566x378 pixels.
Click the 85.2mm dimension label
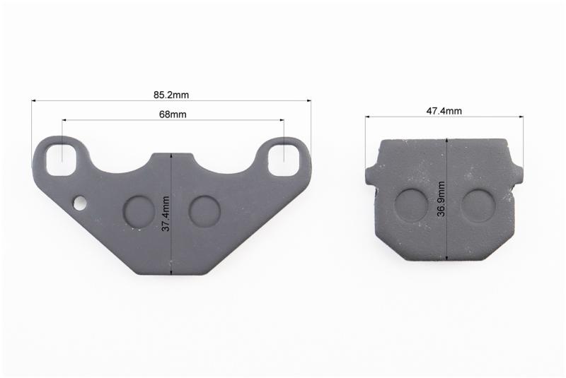coord(171,95)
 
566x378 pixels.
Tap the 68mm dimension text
coord(173,114)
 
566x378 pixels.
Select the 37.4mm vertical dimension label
coord(166,213)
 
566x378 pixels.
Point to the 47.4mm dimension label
coord(444,111)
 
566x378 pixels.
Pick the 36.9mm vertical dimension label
coord(441,199)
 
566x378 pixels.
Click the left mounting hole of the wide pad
coord(62,159)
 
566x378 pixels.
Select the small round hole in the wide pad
coord(80,203)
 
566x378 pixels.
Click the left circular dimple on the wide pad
coord(139,212)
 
